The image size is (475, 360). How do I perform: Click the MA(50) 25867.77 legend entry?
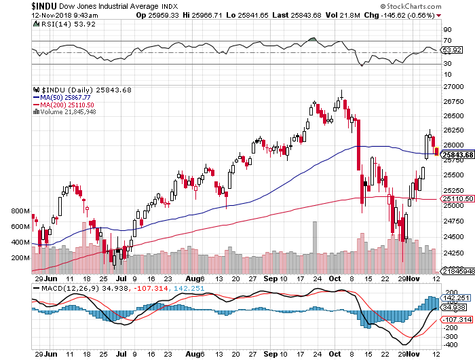click(x=66, y=97)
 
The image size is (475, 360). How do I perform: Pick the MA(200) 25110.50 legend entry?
click(x=68, y=105)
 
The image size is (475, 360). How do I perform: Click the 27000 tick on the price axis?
click(x=453, y=87)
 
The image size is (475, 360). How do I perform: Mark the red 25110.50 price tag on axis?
click(x=457, y=199)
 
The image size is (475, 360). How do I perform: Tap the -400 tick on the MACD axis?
click(x=450, y=345)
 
